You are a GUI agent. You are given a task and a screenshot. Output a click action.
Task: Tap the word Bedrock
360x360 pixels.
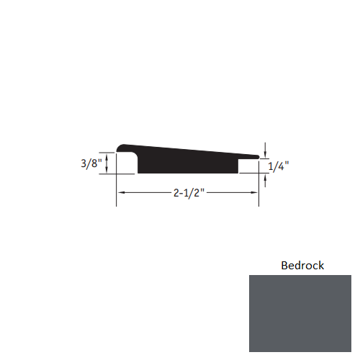click(x=302, y=266)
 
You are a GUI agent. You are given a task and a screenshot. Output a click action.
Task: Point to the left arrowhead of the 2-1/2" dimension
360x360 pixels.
click(x=121, y=193)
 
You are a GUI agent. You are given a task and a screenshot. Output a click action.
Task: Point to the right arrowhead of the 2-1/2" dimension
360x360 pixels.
click(x=255, y=193)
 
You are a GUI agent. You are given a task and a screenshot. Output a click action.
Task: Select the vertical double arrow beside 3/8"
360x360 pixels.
click(x=107, y=163)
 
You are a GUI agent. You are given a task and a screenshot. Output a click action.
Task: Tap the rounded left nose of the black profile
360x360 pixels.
click(x=122, y=148)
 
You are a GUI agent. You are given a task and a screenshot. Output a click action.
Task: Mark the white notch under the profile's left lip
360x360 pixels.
click(x=127, y=166)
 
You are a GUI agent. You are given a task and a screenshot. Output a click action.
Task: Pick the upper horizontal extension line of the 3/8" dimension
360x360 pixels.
click(x=108, y=152)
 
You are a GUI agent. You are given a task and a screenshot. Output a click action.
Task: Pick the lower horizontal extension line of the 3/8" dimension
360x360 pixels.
click(x=108, y=174)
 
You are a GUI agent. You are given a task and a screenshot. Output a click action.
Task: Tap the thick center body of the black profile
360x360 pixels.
click(x=187, y=161)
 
